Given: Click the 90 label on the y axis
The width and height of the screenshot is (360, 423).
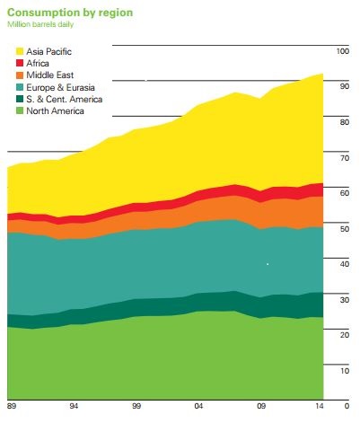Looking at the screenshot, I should [x=342, y=86].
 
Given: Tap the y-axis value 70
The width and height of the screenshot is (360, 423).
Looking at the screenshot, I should [x=342, y=157].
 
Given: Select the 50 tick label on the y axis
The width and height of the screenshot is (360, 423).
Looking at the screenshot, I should [x=342, y=228].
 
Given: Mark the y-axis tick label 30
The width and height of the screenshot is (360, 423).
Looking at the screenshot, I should [x=342, y=298].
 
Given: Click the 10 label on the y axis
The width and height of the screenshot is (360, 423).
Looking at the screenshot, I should [x=342, y=369].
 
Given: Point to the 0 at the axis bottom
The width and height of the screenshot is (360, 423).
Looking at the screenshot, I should [x=345, y=406].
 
